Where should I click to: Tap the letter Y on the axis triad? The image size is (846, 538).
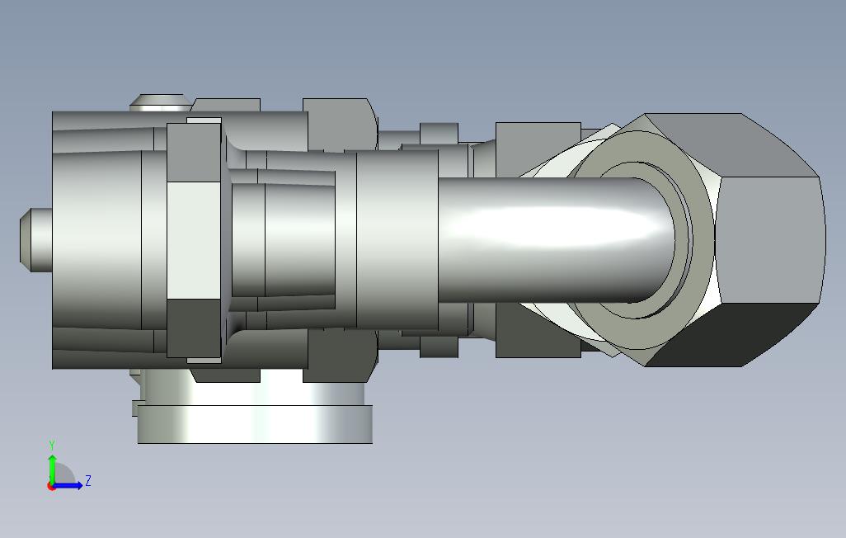[52, 445]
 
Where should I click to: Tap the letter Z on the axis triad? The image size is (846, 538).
[88, 480]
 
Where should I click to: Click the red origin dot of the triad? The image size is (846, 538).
[51, 486]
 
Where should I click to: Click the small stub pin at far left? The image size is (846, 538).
[35, 240]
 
